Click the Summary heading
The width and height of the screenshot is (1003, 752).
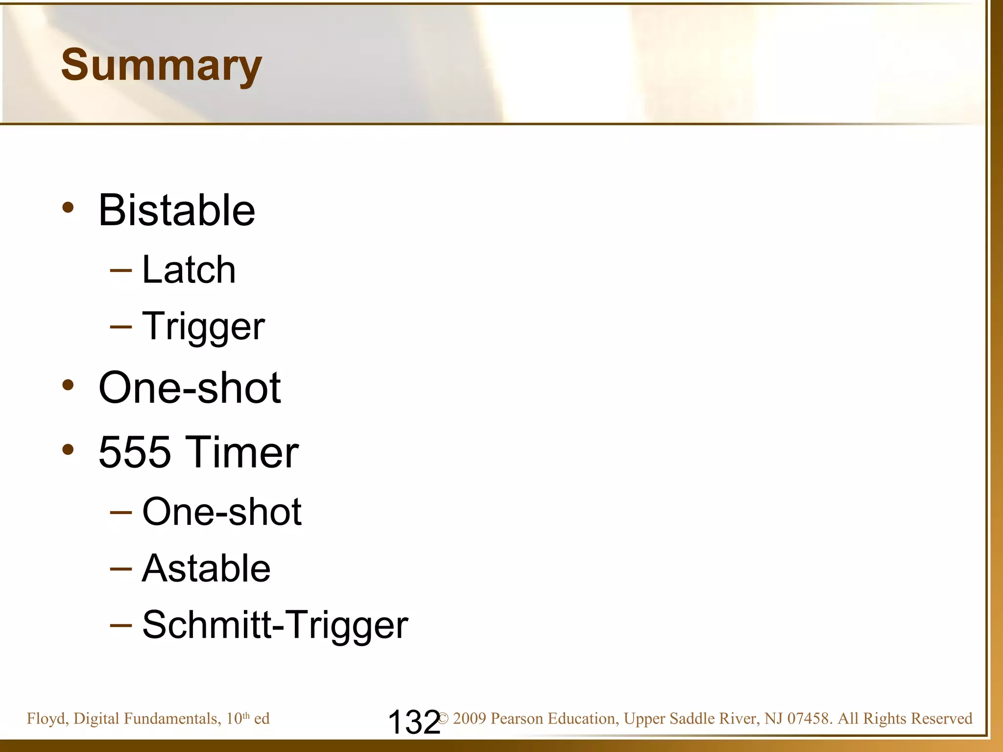162,66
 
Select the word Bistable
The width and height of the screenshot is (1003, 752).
177,210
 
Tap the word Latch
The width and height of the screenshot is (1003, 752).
189,270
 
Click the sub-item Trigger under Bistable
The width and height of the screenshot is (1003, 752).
203,327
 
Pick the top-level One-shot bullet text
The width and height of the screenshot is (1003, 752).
190,388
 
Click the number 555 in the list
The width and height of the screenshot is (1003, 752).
135,452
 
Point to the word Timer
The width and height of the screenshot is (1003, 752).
243,452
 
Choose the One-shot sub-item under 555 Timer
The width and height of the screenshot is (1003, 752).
222,512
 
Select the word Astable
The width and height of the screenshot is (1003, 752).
206,568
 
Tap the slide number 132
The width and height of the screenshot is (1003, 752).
414,722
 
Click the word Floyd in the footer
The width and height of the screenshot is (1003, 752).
47,719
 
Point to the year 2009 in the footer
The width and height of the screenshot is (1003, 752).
469,719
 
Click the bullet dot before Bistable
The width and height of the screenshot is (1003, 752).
68,208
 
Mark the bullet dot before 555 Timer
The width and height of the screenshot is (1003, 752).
68,449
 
